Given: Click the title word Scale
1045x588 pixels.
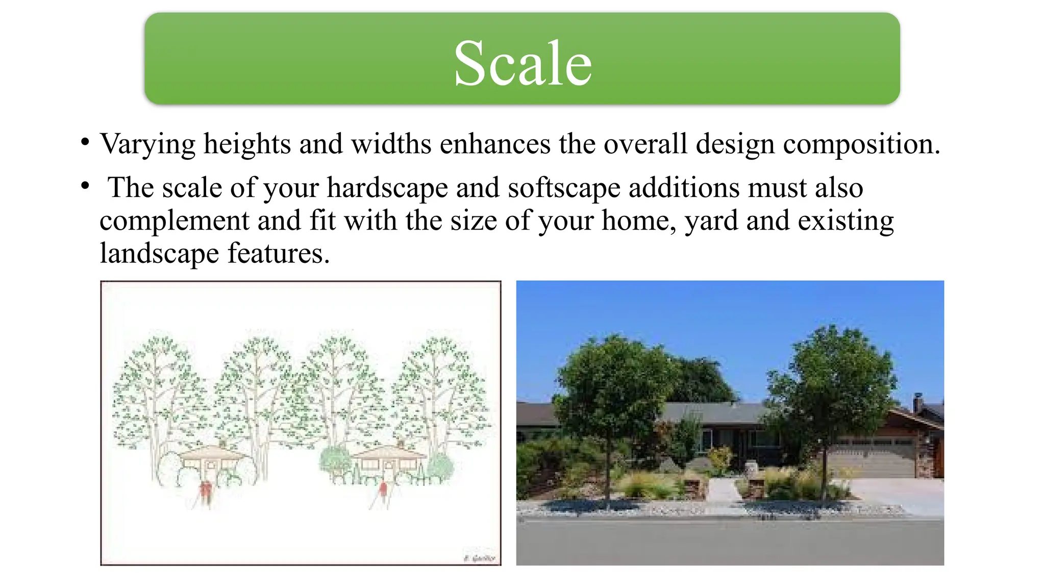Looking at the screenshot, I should coord(522,64).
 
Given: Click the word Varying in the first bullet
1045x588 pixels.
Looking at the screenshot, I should coord(147,144).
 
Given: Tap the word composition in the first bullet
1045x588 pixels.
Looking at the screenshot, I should coord(861,144).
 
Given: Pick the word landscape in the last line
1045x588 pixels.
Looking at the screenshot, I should coord(159,254).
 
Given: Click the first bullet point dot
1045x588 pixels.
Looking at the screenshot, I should coord(85,141).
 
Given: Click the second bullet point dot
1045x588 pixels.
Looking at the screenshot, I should coord(85,185).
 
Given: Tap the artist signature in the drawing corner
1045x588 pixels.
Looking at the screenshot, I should coord(480,558).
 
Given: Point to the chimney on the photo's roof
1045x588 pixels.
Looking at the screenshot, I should coord(917,403).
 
